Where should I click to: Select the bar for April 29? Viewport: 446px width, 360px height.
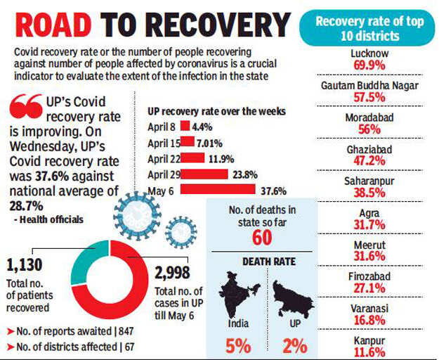tap(204, 174)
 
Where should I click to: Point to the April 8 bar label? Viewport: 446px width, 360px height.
tap(163, 126)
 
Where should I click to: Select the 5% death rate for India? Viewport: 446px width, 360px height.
tap(239, 346)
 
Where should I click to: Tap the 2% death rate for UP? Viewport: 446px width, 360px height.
tap(294, 346)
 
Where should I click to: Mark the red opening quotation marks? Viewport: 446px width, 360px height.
tap(25, 108)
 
